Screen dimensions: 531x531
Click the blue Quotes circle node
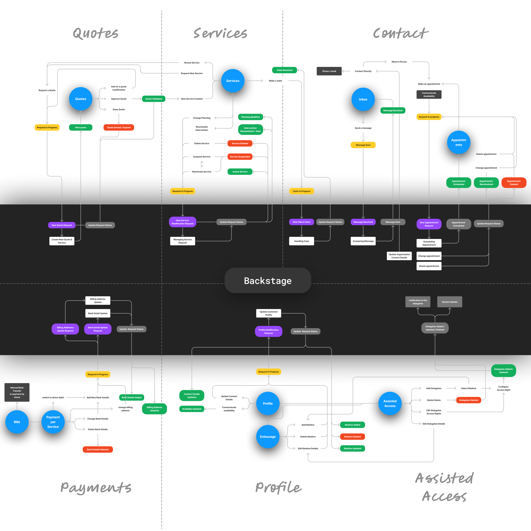pyautogui.click(x=81, y=99)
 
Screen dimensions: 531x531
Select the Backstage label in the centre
pyautogui.click(x=268, y=281)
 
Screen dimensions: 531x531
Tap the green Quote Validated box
pyautogui.click(x=154, y=99)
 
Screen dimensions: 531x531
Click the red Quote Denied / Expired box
pyautogui.click(x=119, y=128)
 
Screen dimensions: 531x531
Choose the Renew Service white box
pyautogui.click(x=192, y=63)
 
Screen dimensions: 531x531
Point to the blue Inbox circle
pyautogui.click(x=363, y=99)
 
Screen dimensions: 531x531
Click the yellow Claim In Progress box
pyautogui.click(x=301, y=191)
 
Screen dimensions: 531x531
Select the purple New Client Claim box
pyautogui.click(x=301, y=222)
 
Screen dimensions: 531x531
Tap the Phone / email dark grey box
pyautogui.click(x=329, y=71)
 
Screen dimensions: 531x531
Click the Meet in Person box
pyautogui.click(x=399, y=62)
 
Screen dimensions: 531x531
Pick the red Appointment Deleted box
pyautogui.click(x=514, y=183)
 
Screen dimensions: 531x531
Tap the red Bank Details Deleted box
pyautogui.click(x=98, y=450)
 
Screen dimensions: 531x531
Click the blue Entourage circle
pyautogui.click(x=268, y=437)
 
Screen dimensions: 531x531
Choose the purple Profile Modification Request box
pyautogui.click(x=269, y=331)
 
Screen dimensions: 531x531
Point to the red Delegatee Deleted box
pyautogui.click(x=469, y=400)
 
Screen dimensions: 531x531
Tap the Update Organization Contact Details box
pyautogui.click(x=399, y=256)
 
